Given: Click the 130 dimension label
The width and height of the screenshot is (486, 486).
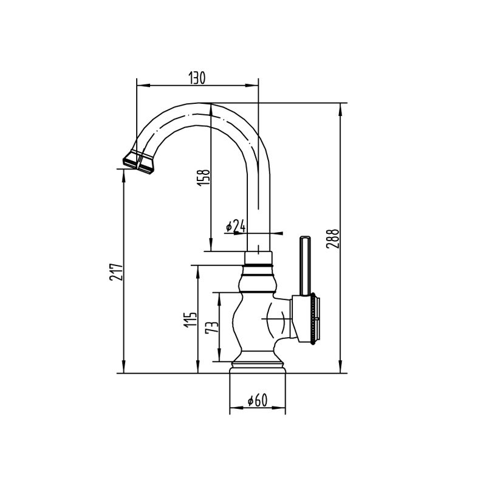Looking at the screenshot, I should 197,78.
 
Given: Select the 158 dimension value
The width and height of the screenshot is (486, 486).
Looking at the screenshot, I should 205,176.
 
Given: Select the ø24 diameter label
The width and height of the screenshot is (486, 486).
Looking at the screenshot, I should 235,227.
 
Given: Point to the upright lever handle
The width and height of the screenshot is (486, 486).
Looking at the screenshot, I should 305,264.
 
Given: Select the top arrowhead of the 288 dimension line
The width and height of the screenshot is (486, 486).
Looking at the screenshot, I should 340,107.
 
